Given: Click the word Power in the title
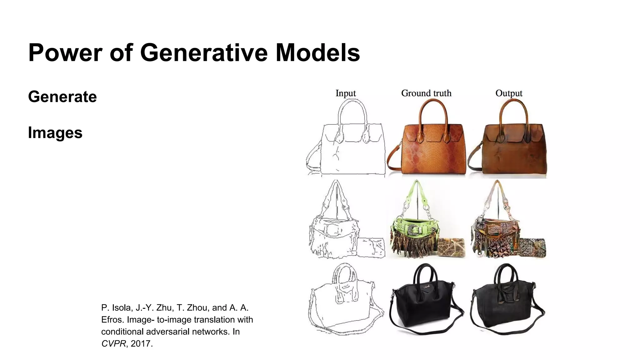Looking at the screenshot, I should pyautogui.click(x=65, y=52).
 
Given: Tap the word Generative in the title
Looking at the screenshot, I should pyautogui.click(x=204, y=52).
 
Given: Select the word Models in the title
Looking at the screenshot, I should pyautogui.click(x=317, y=52).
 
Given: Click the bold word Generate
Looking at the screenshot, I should pyautogui.click(x=62, y=97).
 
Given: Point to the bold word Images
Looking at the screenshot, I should pyautogui.click(x=55, y=132).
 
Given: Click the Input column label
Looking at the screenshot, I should pyautogui.click(x=346, y=93).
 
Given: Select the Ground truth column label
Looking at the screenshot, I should pyautogui.click(x=426, y=93).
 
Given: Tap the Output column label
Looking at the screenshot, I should pyautogui.click(x=509, y=93).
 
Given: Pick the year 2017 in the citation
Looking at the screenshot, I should pyautogui.click(x=141, y=344).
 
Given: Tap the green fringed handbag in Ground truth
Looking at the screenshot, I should pyautogui.click(x=412, y=231).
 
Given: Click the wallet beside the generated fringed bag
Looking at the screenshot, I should pyautogui.click(x=533, y=247).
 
